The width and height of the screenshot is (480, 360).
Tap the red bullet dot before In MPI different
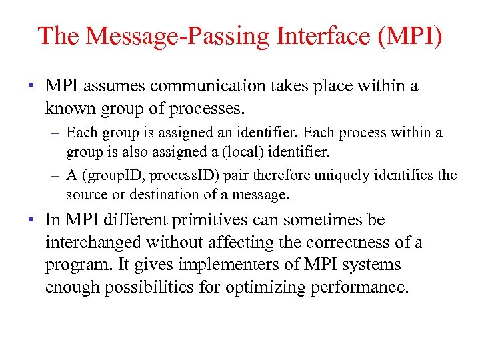[32, 220]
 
